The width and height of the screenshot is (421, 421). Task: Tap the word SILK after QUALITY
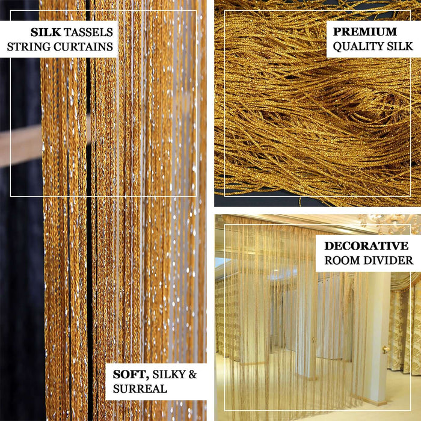398,46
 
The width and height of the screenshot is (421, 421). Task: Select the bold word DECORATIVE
366,245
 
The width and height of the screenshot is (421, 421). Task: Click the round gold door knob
386,349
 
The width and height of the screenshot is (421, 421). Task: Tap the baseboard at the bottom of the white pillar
376,402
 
